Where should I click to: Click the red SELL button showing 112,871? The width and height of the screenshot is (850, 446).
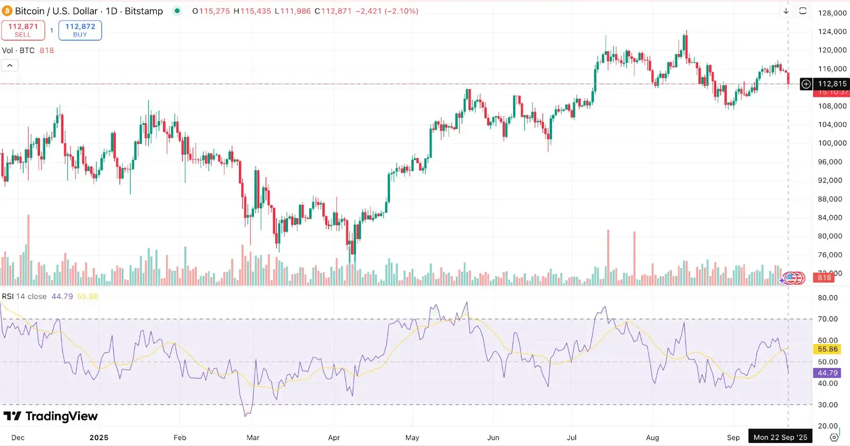click(23, 30)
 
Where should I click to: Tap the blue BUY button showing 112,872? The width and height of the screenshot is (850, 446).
click(80, 30)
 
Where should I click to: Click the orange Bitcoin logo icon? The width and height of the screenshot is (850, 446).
click(7, 11)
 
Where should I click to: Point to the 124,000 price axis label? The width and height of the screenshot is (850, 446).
click(832, 31)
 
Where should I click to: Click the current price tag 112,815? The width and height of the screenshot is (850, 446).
click(832, 84)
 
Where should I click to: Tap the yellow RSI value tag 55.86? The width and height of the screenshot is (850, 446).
click(827, 349)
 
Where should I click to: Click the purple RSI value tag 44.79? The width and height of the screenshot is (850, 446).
click(827, 373)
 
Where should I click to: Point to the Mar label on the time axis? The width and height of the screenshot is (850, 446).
click(253, 438)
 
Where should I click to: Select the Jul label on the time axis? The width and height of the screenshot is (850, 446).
click(572, 438)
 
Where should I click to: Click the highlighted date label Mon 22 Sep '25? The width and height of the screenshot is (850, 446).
click(780, 438)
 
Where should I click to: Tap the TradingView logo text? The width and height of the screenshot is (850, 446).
click(61, 416)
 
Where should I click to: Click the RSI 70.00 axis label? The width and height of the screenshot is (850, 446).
click(827, 319)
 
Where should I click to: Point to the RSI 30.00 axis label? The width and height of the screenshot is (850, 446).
click(827, 405)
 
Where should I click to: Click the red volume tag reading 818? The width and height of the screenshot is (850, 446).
click(824, 278)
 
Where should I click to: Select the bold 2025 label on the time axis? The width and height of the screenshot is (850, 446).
click(99, 438)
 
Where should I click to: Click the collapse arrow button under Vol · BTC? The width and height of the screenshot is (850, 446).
click(10, 65)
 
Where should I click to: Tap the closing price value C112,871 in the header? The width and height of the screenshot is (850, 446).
click(333, 11)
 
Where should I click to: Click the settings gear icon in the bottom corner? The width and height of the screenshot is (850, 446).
click(834, 438)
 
